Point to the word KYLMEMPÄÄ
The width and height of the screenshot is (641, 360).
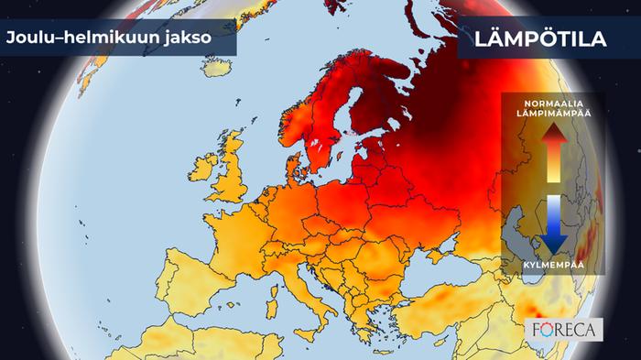click(555, 264)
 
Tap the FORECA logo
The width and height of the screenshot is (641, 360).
click(565, 328)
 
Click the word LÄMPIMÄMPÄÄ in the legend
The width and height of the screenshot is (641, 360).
click(555, 112)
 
